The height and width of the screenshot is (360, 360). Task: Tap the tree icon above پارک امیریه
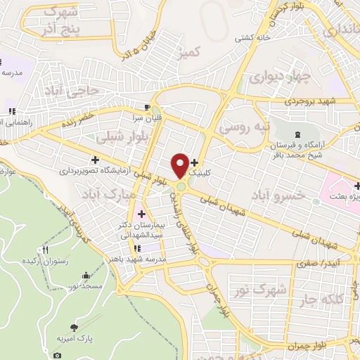75,327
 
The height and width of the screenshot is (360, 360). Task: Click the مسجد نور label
88,288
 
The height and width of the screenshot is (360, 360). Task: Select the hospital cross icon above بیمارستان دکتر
141,214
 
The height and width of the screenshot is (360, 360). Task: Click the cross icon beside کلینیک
195,163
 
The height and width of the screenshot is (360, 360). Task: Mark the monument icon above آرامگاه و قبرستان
297,134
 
